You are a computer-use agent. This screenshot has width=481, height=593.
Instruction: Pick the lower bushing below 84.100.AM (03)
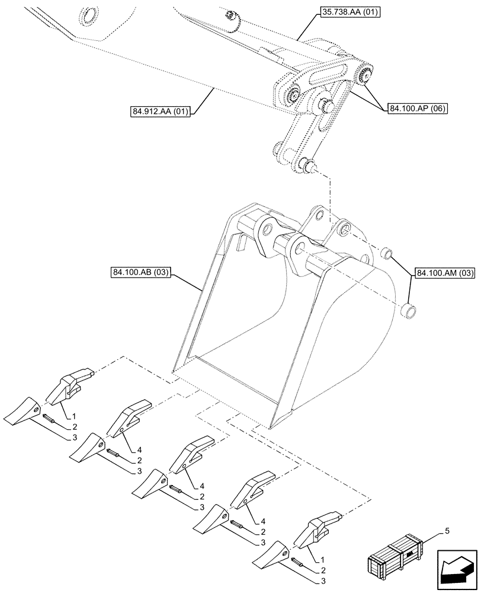coord(408,309)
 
